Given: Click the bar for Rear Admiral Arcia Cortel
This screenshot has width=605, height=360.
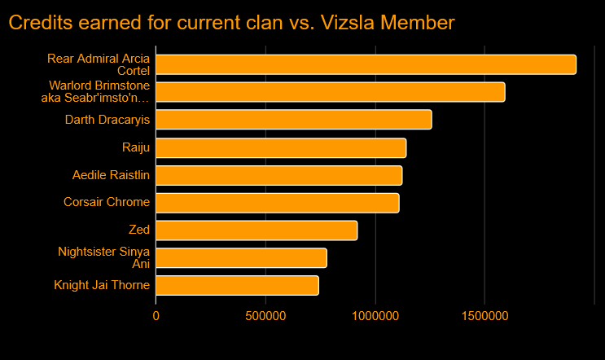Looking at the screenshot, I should [x=366, y=64].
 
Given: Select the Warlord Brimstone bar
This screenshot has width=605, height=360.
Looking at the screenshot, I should [x=330, y=92].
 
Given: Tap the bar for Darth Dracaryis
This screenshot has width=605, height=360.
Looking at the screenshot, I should [x=293, y=120].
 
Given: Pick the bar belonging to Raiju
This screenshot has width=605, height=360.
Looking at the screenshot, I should [x=281, y=147].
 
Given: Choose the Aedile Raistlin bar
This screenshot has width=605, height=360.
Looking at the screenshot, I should [x=278, y=175].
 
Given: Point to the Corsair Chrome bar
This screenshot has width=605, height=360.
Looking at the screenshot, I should [x=277, y=203].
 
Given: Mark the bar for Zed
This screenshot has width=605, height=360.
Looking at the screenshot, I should [x=256, y=230].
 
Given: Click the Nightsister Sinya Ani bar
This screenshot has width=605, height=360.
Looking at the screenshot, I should [x=241, y=258].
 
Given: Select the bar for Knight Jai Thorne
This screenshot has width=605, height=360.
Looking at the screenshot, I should [x=237, y=286].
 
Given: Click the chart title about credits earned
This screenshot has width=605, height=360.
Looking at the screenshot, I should [x=231, y=23].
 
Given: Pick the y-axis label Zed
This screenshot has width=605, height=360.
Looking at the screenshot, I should [x=139, y=230].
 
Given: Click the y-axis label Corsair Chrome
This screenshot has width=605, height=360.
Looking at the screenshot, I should [x=107, y=203].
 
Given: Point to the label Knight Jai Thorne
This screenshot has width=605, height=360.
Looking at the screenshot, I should [x=102, y=286].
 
